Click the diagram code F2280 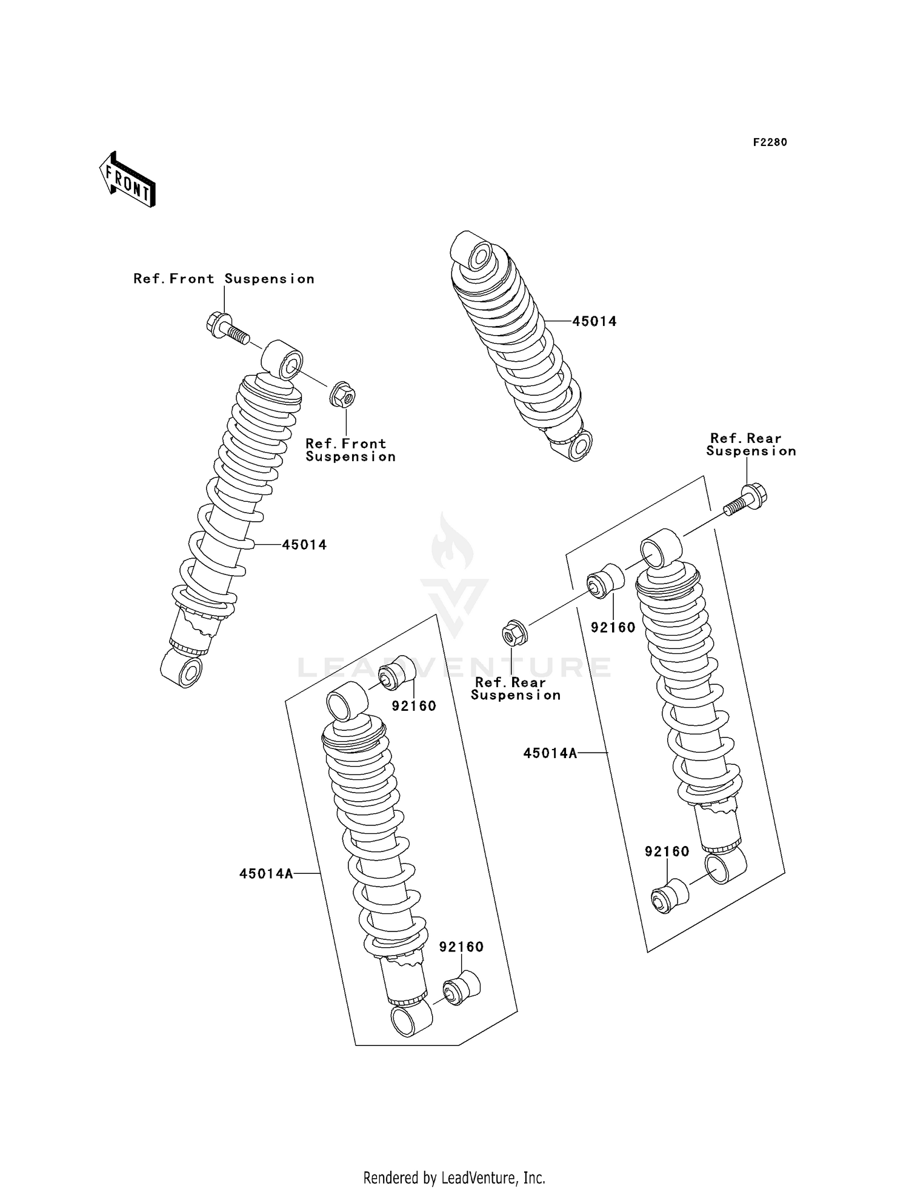click(770, 142)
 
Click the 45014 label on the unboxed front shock click(304, 545)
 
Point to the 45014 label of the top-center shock click(594, 322)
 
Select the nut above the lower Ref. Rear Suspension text click(514, 634)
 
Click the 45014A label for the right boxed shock click(550, 753)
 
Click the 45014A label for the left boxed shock click(266, 874)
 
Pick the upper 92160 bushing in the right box click(605, 581)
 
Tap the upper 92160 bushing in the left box click(397, 673)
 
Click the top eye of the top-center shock click(475, 251)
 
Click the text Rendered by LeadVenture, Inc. click(454, 1177)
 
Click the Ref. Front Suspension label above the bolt click(224, 279)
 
